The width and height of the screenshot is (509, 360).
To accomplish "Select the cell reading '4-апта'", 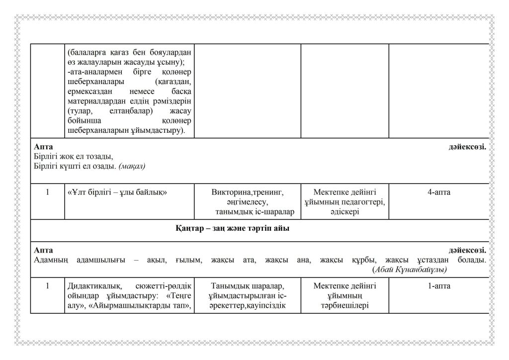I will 439,192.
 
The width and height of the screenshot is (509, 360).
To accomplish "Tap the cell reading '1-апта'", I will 439,286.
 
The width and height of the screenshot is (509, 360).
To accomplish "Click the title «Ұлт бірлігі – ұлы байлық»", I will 116,192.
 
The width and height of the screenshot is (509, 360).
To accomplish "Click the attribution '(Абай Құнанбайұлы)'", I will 409,270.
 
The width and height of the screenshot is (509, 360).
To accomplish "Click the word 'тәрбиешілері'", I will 344,306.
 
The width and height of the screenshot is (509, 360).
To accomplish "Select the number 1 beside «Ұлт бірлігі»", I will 47,192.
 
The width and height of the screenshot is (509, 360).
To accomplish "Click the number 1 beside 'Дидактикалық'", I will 47,286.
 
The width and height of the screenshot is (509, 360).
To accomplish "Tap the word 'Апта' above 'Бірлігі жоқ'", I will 43,147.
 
